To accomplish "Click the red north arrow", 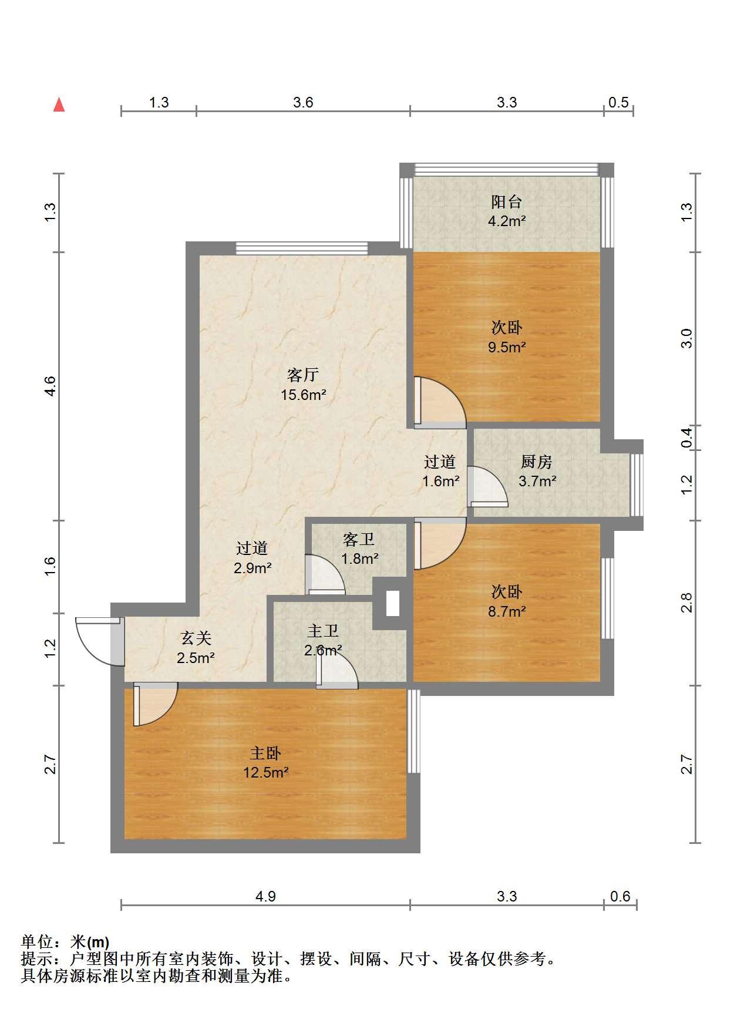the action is coord(59,105).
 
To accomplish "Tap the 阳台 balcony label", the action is coord(507,202).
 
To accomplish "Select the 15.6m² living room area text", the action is coord(303,395).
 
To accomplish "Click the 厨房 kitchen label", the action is coord(537,462).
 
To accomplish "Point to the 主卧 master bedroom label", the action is coord(265,753).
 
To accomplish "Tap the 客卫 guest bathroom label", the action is coord(358,539).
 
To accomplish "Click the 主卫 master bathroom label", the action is coord(323,631).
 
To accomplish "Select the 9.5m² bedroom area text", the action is coord(507,347).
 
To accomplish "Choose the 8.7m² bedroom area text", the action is coord(507,611).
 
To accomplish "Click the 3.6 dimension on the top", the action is coord(303,103).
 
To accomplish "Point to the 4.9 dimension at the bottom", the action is coord(265,896).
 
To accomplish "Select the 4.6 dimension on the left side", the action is coord(51,386).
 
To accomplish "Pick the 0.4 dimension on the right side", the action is coord(687,438).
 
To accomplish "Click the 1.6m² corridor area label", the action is coord(440,482).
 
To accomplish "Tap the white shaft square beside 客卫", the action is coord(392,603).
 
